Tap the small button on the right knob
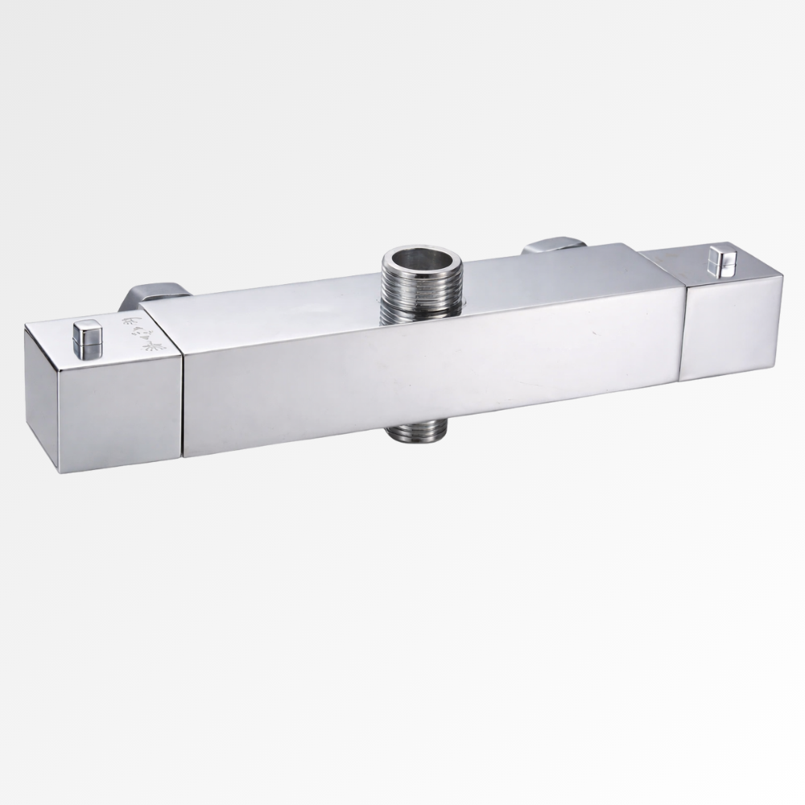(720, 262)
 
